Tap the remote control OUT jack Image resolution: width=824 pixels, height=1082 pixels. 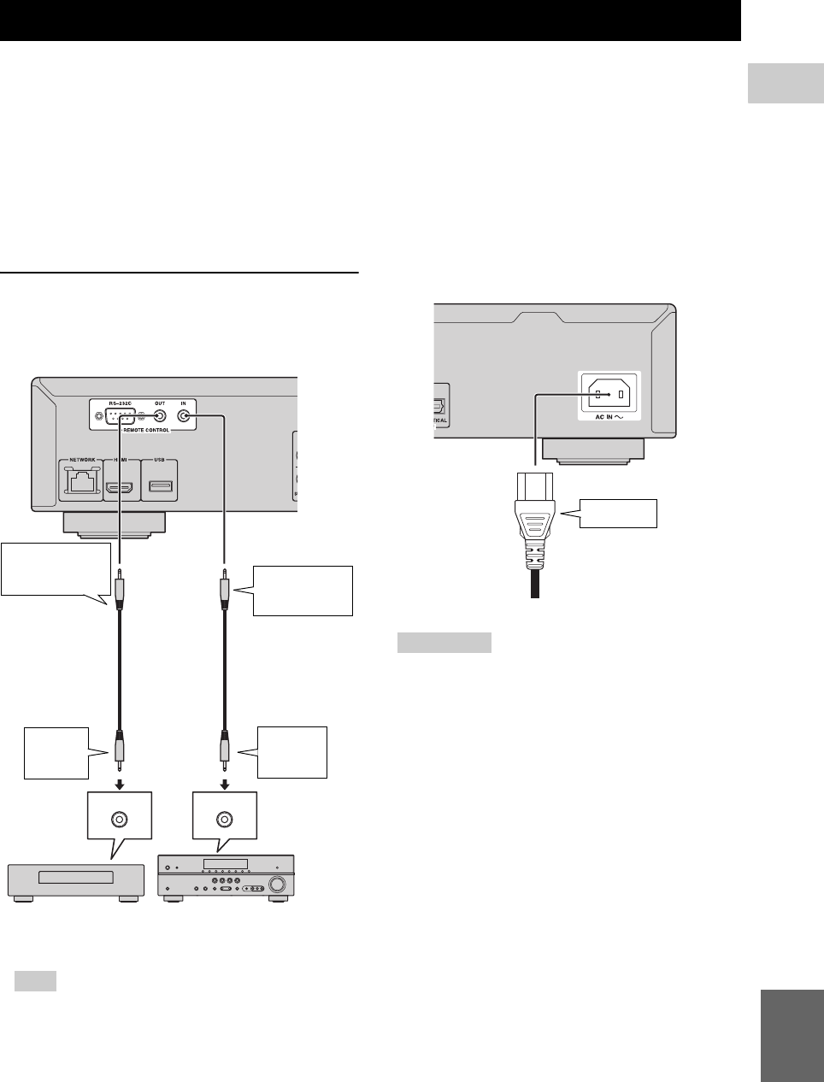pyautogui.click(x=158, y=417)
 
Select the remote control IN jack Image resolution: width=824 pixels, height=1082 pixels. pyautogui.click(x=184, y=417)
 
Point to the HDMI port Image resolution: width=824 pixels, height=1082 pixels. pyautogui.click(x=119, y=489)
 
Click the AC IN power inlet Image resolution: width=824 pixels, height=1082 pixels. pyautogui.click(x=609, y=396)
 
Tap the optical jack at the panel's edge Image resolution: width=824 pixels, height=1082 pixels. pyautogui.click(x=439, y=408)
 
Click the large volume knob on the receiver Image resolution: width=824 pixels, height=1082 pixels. pyautogui.click(x=276, y=884)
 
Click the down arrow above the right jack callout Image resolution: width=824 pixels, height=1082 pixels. pyautogui.click(x=224, y=785)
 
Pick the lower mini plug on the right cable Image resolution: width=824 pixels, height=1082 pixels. pyautogui.click(x=224, y=750)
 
